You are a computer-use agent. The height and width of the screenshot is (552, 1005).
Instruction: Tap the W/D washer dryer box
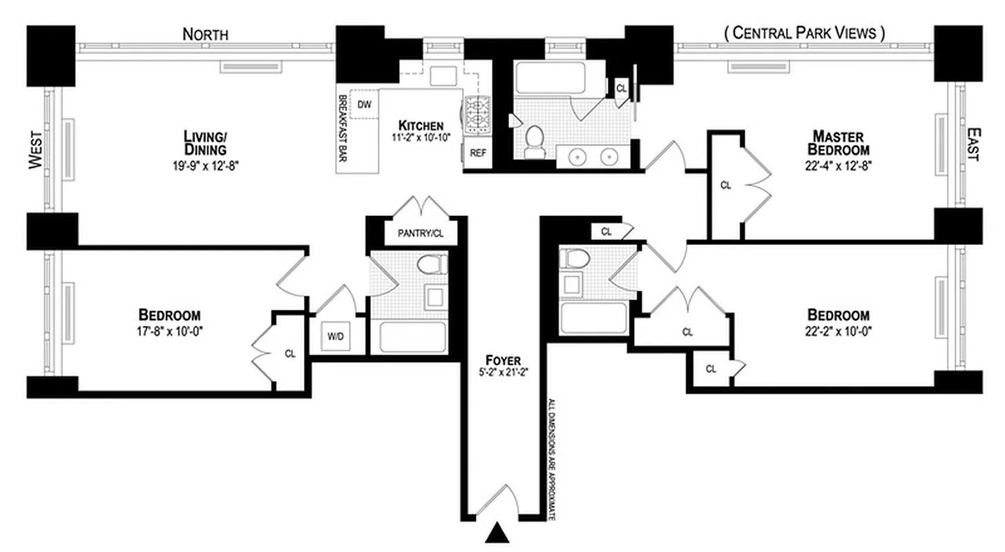[335, 338]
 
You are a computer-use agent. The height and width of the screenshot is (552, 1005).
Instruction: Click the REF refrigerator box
[478, 153]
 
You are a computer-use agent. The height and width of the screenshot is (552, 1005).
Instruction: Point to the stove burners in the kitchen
[477, 115]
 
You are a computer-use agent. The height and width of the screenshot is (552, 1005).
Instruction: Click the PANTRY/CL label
[420, 233]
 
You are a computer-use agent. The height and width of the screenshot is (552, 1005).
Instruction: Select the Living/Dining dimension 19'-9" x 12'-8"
[205, 165]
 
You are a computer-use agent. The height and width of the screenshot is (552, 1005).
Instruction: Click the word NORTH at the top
[205, 34]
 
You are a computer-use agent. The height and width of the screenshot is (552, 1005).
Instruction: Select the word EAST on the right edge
[972, 144]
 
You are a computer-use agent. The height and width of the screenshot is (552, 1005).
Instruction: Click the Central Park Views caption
[804, 32]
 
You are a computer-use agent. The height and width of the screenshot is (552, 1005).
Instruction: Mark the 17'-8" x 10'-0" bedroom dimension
[169, 330]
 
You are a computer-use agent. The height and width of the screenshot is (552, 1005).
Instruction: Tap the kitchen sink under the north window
[441, 75]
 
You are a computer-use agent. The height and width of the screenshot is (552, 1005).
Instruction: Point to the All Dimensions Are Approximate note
[552, 459]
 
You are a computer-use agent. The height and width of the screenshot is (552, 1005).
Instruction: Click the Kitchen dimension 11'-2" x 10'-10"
[420, 137]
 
